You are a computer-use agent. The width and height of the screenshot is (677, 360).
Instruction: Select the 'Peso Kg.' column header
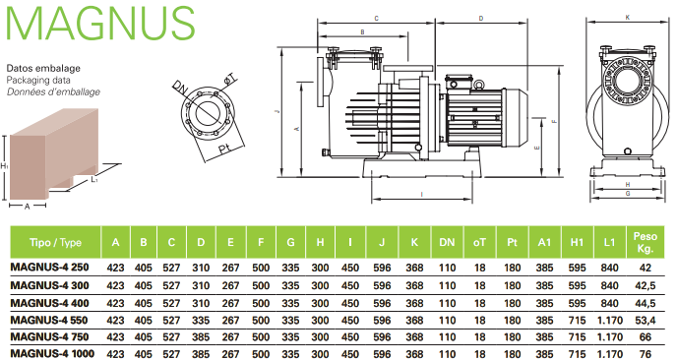click(x=646, y=242)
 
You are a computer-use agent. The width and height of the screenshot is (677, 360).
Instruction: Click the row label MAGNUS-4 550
click(x=49, y=321)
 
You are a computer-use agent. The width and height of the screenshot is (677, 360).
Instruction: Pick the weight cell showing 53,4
click(x=646, y=321)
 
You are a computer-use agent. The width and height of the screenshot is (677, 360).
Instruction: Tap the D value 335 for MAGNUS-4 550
click(x=201, y=321)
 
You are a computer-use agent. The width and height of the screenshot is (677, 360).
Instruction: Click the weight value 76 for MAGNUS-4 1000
click(x=646, y=354)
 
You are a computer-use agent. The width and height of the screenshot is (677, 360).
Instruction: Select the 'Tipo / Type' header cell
click(x=55, y=242)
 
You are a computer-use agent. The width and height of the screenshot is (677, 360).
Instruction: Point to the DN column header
click(x=447, y=242)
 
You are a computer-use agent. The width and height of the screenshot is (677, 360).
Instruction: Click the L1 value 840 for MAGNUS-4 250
click(x=609, y=268)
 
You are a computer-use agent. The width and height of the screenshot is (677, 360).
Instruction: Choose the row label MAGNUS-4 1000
click(x=52, y=354)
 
